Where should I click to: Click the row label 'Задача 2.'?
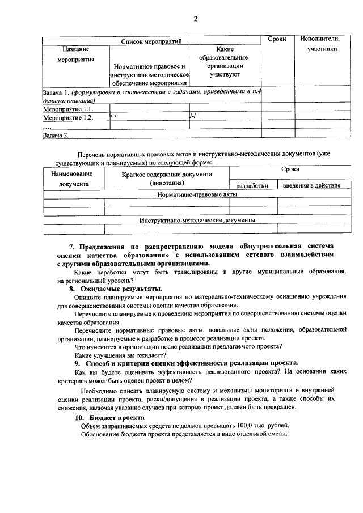click(56, 135)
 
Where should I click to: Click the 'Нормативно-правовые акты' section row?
click(197, 194)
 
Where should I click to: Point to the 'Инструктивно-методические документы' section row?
click(197, 220)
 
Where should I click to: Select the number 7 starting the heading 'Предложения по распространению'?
click(71, 247)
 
